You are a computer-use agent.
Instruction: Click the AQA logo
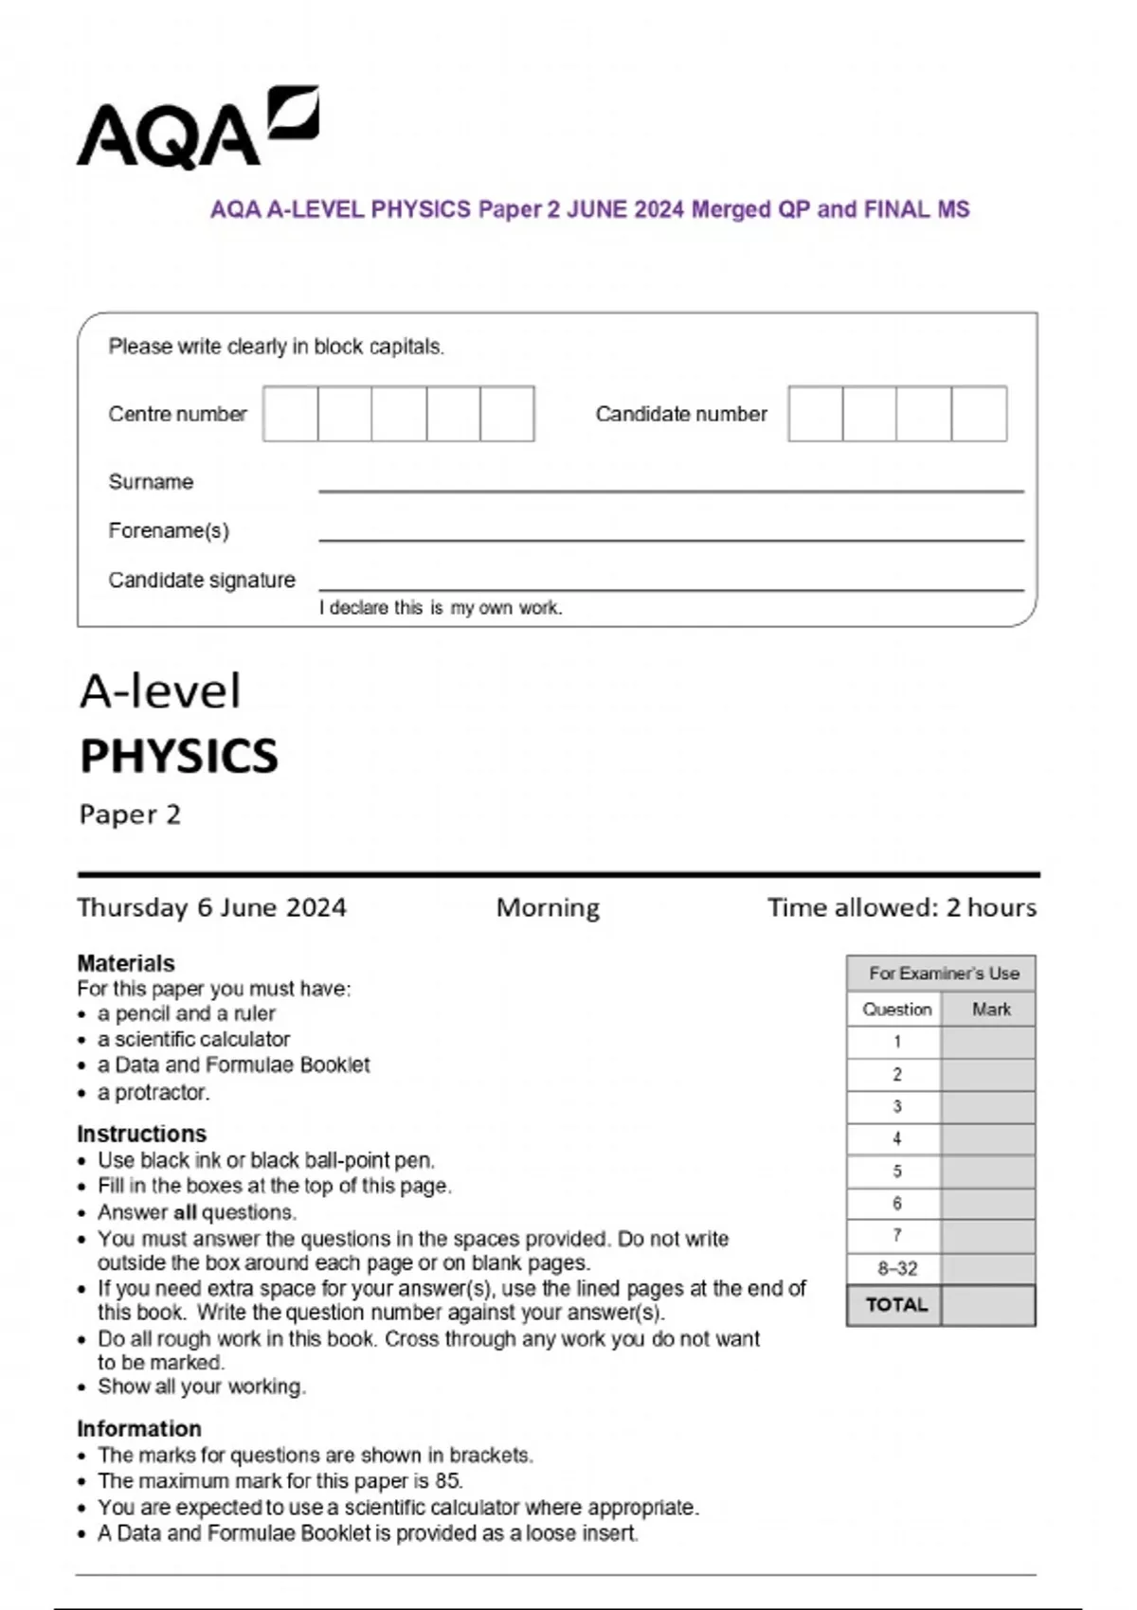pyautogui.click(x=197, y=129)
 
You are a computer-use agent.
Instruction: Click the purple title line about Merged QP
pyautogui.click(x=589, y=209)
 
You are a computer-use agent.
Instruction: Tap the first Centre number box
pyautogui.click(x=290, y=414)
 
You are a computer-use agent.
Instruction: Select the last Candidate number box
pyautogui.click(x=979, y=414)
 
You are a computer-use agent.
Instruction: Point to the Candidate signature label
pyautogui.click(x=202, y=580)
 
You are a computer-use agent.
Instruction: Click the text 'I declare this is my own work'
pyautogui.click(x=441, y=608)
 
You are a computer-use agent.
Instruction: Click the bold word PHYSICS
pyautogui.click(x=179, y=757)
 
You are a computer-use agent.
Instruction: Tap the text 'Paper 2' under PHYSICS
pyautogui.click(x=130, y=814)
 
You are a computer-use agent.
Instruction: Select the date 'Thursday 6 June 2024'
pyautogui.click(x=211, y=907)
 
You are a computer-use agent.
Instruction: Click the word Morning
pyautogui.click(x=548, y=907)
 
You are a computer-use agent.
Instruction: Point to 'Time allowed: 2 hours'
pyautogui.click(x=901, y=907)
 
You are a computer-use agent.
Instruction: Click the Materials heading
pyautogui.click(x=126, y=963)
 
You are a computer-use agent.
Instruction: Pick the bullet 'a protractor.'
pyautogui.click(x=153, y=1092)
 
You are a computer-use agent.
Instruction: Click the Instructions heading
pyautogui.click(x=141, y=1134)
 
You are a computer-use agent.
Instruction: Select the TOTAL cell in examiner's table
pyautogui.click(x=896, y=1305)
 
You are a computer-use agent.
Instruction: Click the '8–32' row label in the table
pyautogui.click(x=896, y=1268)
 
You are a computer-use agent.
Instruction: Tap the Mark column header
pyautogui.click(x=991, y=1010)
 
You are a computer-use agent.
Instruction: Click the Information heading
pyautogui.click(x=139, y=1428)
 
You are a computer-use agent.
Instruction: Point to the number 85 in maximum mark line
pyautogui.click(x=447, y=1480)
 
